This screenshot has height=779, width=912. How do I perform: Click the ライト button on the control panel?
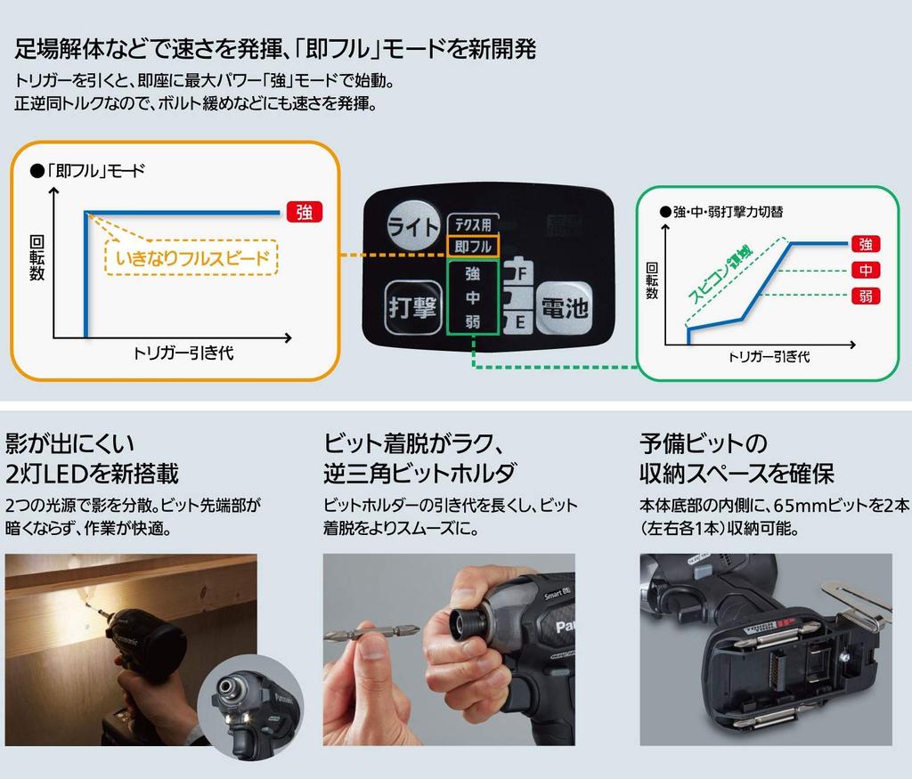(413, 226)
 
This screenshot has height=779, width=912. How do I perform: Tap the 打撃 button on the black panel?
(411, 306)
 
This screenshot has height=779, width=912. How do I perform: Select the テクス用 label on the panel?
(472, 225)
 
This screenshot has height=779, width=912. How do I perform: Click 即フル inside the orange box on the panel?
(472, 246)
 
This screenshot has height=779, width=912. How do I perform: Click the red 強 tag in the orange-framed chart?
(305, 212)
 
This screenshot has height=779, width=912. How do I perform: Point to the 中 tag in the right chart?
(864, 270)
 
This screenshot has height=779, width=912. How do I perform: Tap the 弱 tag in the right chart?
(864, 296)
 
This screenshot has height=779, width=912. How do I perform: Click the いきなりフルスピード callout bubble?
(191, 259)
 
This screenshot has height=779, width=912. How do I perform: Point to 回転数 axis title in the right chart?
(652, 280)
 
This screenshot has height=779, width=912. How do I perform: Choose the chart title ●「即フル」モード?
(86, 171)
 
